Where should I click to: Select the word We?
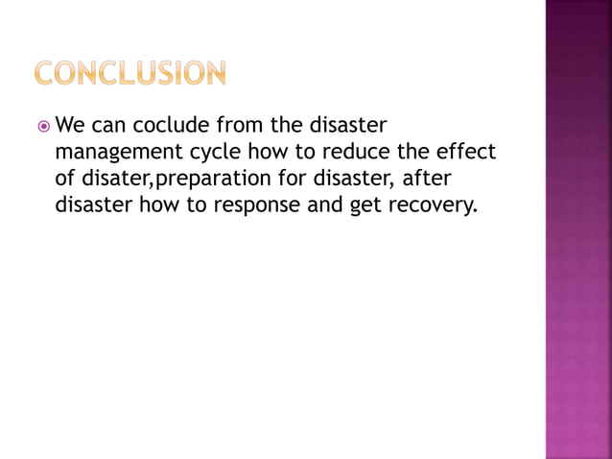coord(72,125)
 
